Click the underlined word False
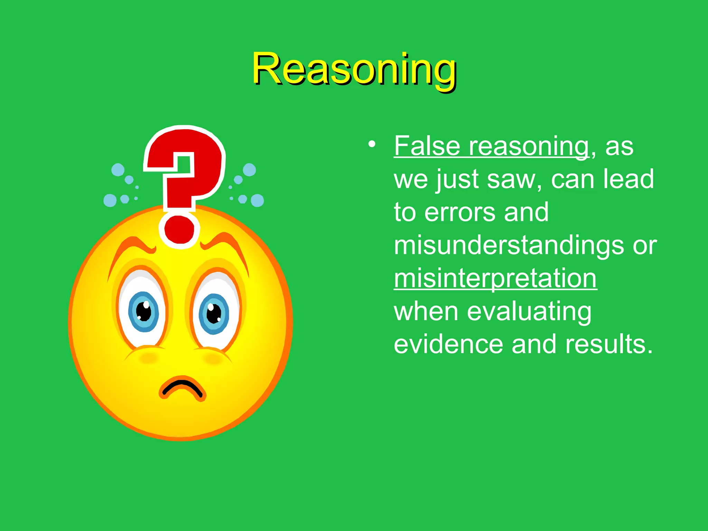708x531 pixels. (x=427, y=146)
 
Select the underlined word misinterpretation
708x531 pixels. (x=495, y=279)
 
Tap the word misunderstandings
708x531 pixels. (x=509, y=245)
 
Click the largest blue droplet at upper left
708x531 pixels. (x=118, y=170)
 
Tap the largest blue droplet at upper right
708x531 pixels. (x=249, y=170)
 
